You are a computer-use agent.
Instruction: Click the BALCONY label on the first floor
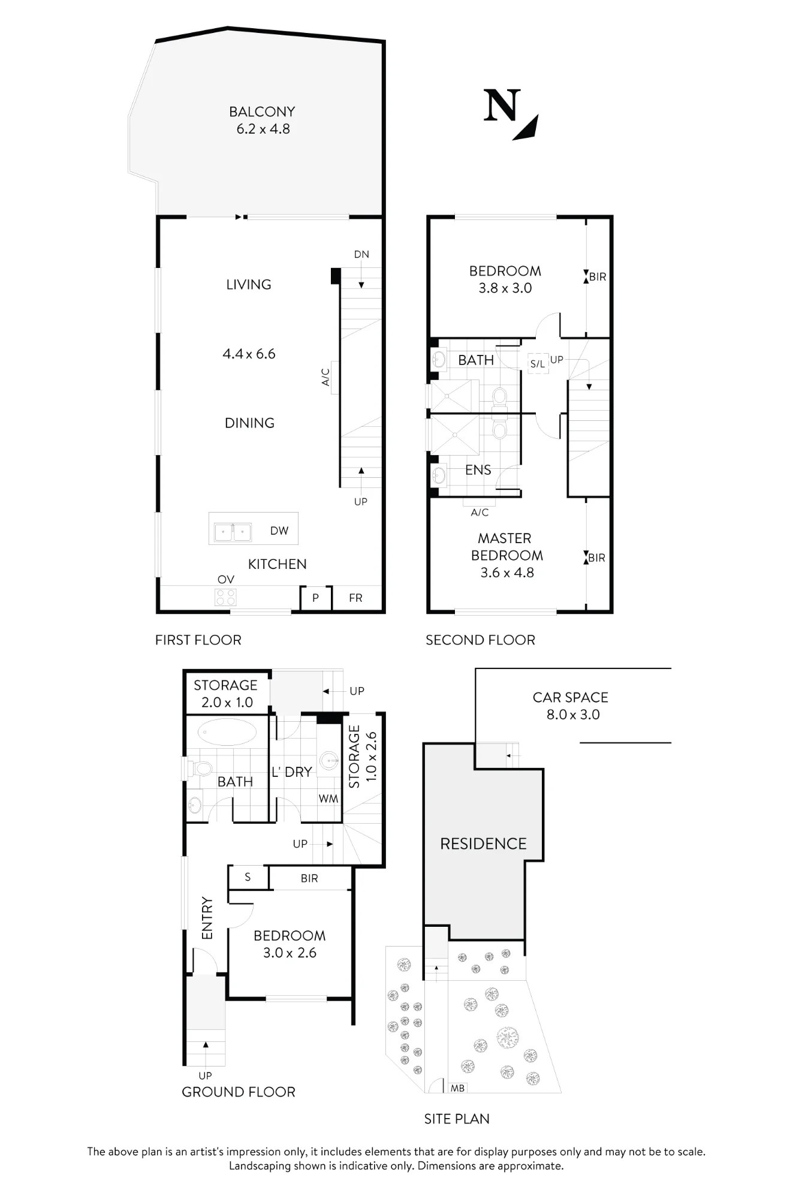[262, 112]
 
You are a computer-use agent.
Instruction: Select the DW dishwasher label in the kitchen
[279, 531]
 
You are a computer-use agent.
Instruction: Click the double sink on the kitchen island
[233, 532]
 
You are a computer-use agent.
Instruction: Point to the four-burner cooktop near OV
[226, 597]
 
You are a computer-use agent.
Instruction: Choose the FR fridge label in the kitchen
[355, 598]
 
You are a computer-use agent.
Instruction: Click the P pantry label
[315, 598]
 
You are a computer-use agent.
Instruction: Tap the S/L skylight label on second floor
[538, 364]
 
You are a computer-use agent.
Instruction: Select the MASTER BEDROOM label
[506, 547]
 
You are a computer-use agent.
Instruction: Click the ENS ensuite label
[478, 470]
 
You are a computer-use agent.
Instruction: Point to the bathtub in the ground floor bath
[227, 732]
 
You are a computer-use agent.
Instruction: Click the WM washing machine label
[328, 799]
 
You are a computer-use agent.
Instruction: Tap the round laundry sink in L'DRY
[328, 761]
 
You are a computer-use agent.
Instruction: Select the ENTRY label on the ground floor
[207, 918]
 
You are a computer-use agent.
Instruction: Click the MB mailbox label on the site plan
[457, 1087]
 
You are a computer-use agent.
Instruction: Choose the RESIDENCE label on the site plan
[483, 843]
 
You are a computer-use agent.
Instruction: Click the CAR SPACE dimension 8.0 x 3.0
[573, 715]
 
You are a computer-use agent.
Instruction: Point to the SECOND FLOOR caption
[480, 640]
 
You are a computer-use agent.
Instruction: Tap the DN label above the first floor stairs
[361, 254]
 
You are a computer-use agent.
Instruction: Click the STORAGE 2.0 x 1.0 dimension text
[227, 702]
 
